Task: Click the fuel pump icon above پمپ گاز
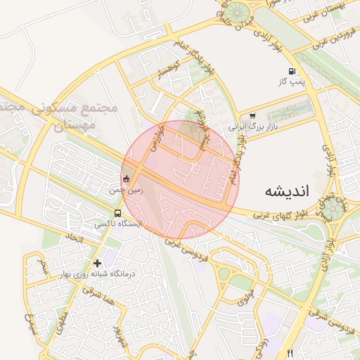click(291, 72)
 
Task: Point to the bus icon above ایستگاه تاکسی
click(117, 213)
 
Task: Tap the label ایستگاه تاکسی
click(118, 224)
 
